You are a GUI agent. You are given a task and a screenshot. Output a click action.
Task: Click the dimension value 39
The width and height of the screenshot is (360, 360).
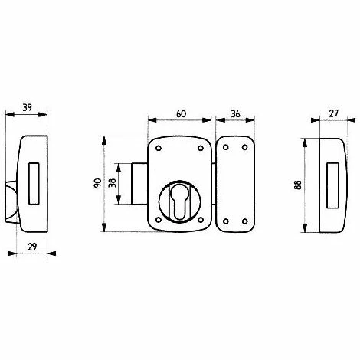28,107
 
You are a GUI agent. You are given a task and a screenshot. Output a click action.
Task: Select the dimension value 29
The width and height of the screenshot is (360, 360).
32,247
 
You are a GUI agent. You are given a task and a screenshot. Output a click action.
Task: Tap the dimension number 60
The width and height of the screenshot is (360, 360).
181,114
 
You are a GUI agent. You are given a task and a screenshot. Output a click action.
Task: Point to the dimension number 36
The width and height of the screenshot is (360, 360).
235,114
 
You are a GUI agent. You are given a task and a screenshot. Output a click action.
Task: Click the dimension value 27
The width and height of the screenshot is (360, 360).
333,113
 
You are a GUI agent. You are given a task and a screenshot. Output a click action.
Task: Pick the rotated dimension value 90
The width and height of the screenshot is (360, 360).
98,183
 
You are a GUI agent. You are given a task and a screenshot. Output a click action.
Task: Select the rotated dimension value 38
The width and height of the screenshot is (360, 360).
112,183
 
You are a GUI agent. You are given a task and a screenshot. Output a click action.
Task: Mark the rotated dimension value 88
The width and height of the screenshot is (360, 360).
298,185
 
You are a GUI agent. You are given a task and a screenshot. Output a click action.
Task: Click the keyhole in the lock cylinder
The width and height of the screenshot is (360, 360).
179,201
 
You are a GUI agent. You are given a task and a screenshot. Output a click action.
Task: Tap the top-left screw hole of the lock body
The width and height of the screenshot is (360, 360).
159,148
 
